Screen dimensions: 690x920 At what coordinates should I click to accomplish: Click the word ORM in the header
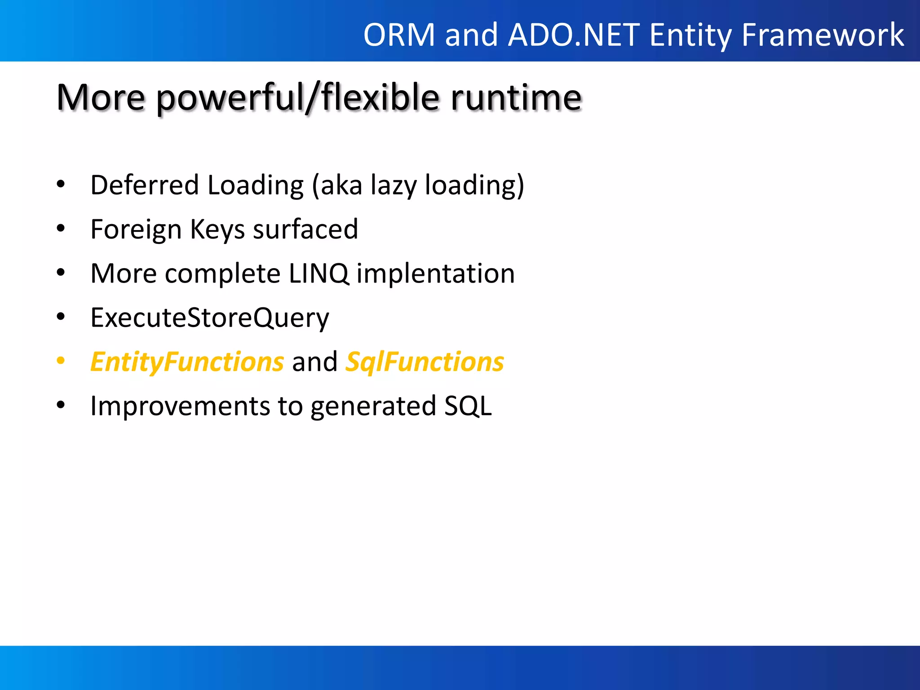tap(399, 35)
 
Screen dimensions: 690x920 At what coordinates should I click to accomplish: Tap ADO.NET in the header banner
tap(574, 35)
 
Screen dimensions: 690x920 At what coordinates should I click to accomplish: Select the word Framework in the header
tap(823, 35)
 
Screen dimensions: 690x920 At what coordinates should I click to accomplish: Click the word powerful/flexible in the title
tap(298, 97)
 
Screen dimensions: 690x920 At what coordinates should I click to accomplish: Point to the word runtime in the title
tap(516, 97)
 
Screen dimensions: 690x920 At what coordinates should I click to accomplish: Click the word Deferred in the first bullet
tap(144, 185)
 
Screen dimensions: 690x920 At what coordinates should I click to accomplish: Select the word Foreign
tap(136, 229)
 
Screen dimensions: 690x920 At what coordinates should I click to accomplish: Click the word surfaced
tap(305, 229)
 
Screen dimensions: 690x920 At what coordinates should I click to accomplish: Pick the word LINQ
tap(318, 273)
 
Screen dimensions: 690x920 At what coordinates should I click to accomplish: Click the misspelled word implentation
tap(435, 273)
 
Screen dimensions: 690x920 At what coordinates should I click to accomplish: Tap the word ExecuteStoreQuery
tap(210, 318)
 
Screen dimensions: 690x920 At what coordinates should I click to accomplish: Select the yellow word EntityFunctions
tap(187, 362)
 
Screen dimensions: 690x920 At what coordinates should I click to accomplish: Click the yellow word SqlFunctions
tap(425, 362)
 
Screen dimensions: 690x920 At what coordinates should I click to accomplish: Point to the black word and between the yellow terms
tap(314, 362)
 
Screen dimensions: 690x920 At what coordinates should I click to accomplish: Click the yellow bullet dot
tap(61, 361)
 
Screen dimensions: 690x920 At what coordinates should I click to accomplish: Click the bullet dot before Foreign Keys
tap(61, 229)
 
